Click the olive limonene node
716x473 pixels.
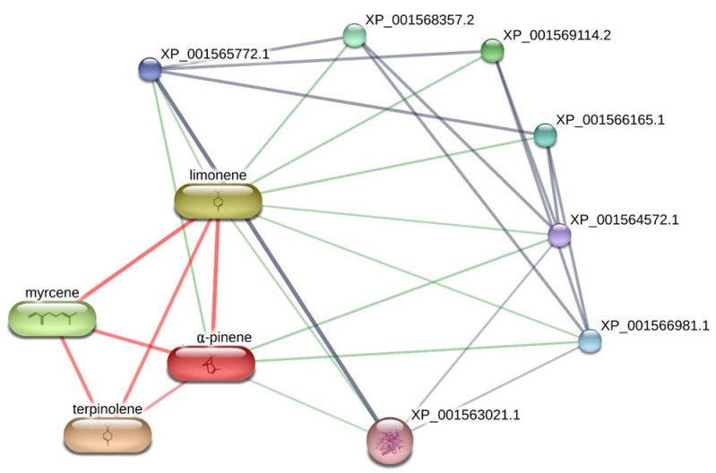click(218, 202)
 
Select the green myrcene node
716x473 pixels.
click(52, 318)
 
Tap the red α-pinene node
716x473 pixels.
click(211, 363)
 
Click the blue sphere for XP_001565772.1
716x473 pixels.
click(150, 69)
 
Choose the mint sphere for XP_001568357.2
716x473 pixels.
click(355, 35)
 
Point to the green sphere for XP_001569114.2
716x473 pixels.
click(492, 50)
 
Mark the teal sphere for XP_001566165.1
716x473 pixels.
click(545, 135)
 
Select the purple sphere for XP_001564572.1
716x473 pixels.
click(559, 235)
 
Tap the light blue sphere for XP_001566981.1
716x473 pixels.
click(590, 340)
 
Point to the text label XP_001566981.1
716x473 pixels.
click(654, 326)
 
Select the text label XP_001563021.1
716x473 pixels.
click(465, 415)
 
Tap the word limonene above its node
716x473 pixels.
click(218, 175)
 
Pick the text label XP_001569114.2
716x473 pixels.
click(557, 35)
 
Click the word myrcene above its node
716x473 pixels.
click(52, 293)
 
